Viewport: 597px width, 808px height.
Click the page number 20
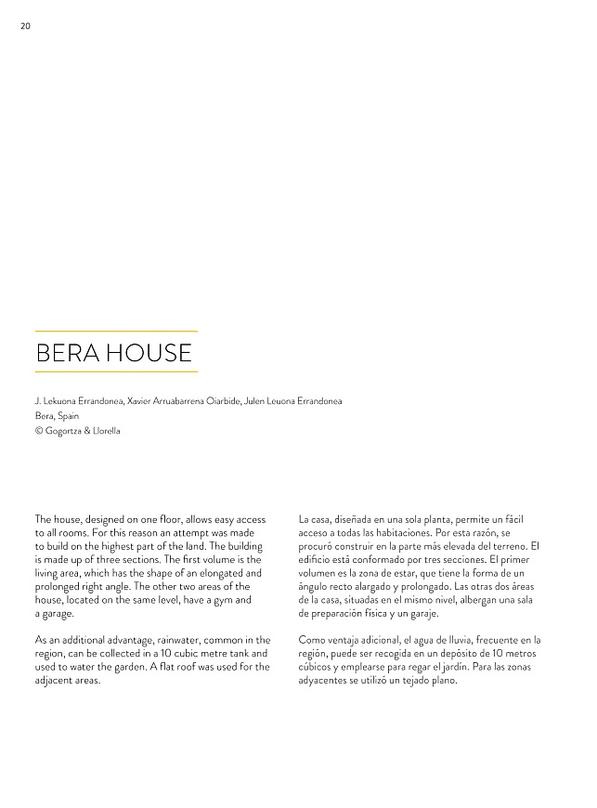(x=25, y=26)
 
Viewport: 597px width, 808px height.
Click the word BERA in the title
(x=67, y=353)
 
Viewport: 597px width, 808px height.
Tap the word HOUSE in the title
(x=149, y=353)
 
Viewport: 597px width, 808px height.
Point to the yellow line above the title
(x=116, y=331)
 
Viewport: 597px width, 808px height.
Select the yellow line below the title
(x=116, y=371)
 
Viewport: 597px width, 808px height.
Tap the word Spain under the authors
(x=68, y=416)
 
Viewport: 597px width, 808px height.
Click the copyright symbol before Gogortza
(x=38, y=431)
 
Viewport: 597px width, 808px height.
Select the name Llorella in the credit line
(x=104, y=431)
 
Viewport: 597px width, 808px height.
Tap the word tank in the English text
(x=238, y=654)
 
